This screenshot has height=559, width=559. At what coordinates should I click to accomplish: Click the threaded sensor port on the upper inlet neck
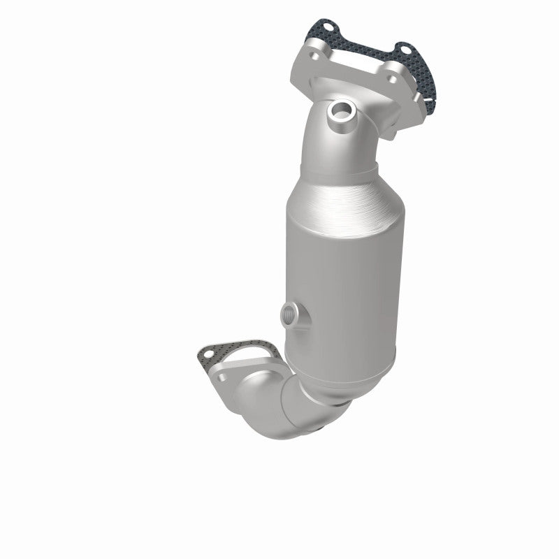342,110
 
